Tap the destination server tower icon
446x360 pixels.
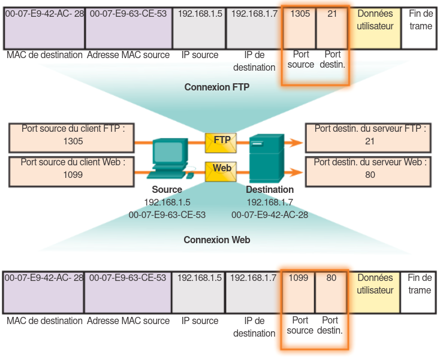coord(264,158)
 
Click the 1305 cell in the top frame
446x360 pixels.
coord(299,27)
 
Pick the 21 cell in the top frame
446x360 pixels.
coord(332,27)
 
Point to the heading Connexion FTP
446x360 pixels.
coord(216,87)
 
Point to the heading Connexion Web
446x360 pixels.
coord(216,240)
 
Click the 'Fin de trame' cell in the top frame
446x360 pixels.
coord(420,27)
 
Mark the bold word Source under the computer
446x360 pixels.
coord(167,190)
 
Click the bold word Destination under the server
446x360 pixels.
coord(270,190)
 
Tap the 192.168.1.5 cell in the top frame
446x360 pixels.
coord(200,27)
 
